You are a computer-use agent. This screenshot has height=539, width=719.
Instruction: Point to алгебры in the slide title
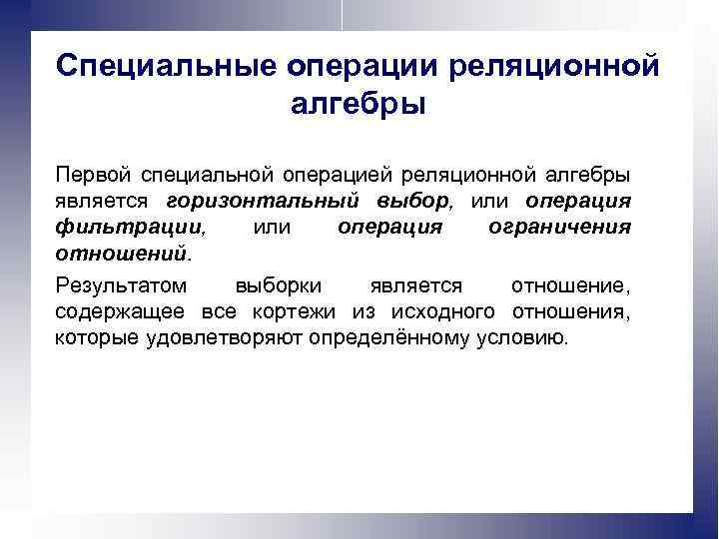pos(359,103)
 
